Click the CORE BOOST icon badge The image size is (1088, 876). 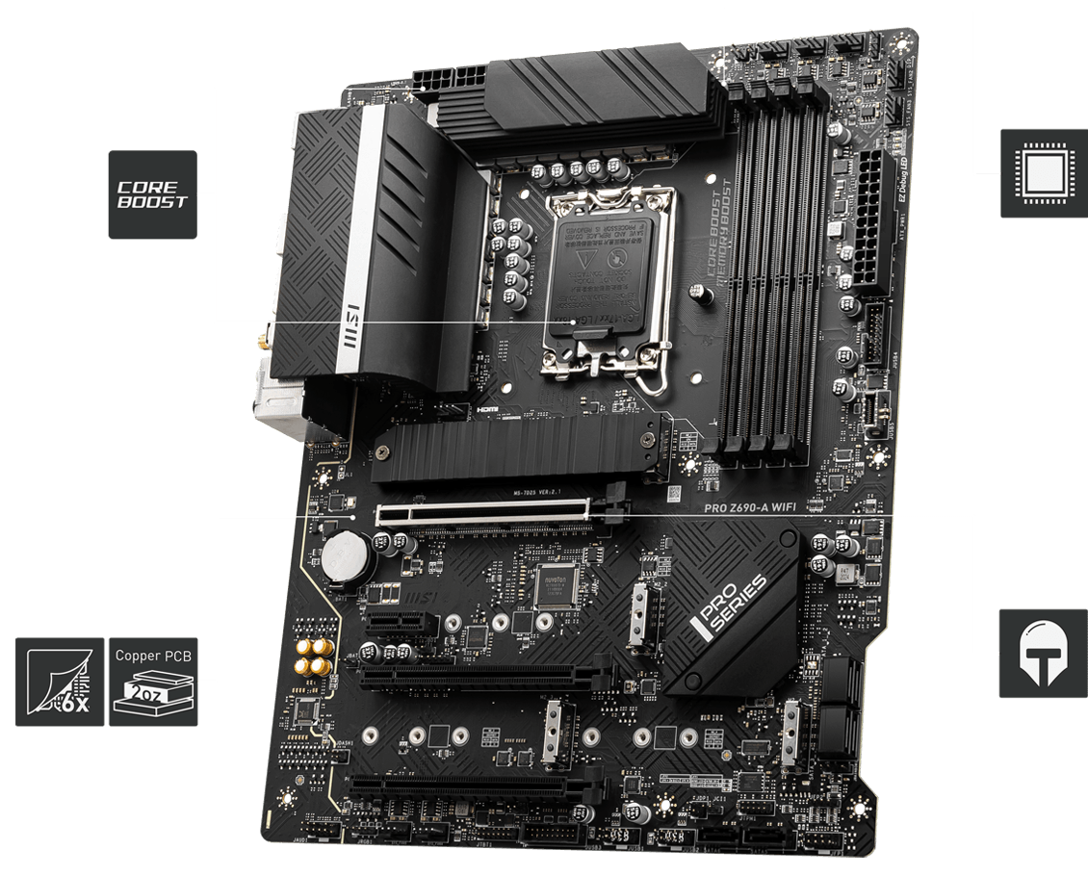[x=152, y=194]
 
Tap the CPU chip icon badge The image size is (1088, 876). [x=1043, y=172]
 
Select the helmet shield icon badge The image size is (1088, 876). [x=1043, y=653]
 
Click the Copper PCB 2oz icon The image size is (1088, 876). [x=154, y=682]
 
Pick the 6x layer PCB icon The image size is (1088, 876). [x=60, y=682]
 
